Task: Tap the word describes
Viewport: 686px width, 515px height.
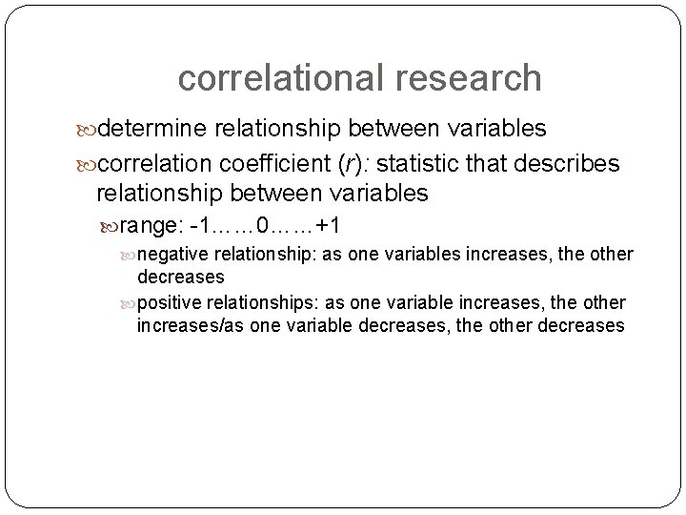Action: click(572, 163)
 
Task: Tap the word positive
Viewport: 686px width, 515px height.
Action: click(171, 302)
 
